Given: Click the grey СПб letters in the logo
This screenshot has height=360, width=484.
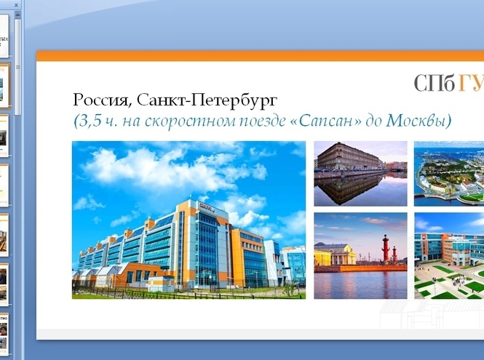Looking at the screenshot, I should (435, 84).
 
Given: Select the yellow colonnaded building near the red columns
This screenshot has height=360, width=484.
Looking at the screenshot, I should (334, 255).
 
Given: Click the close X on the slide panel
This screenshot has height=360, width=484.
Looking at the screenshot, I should (16, 4).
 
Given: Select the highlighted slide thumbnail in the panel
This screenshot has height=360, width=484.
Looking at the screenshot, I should (4, 87).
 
